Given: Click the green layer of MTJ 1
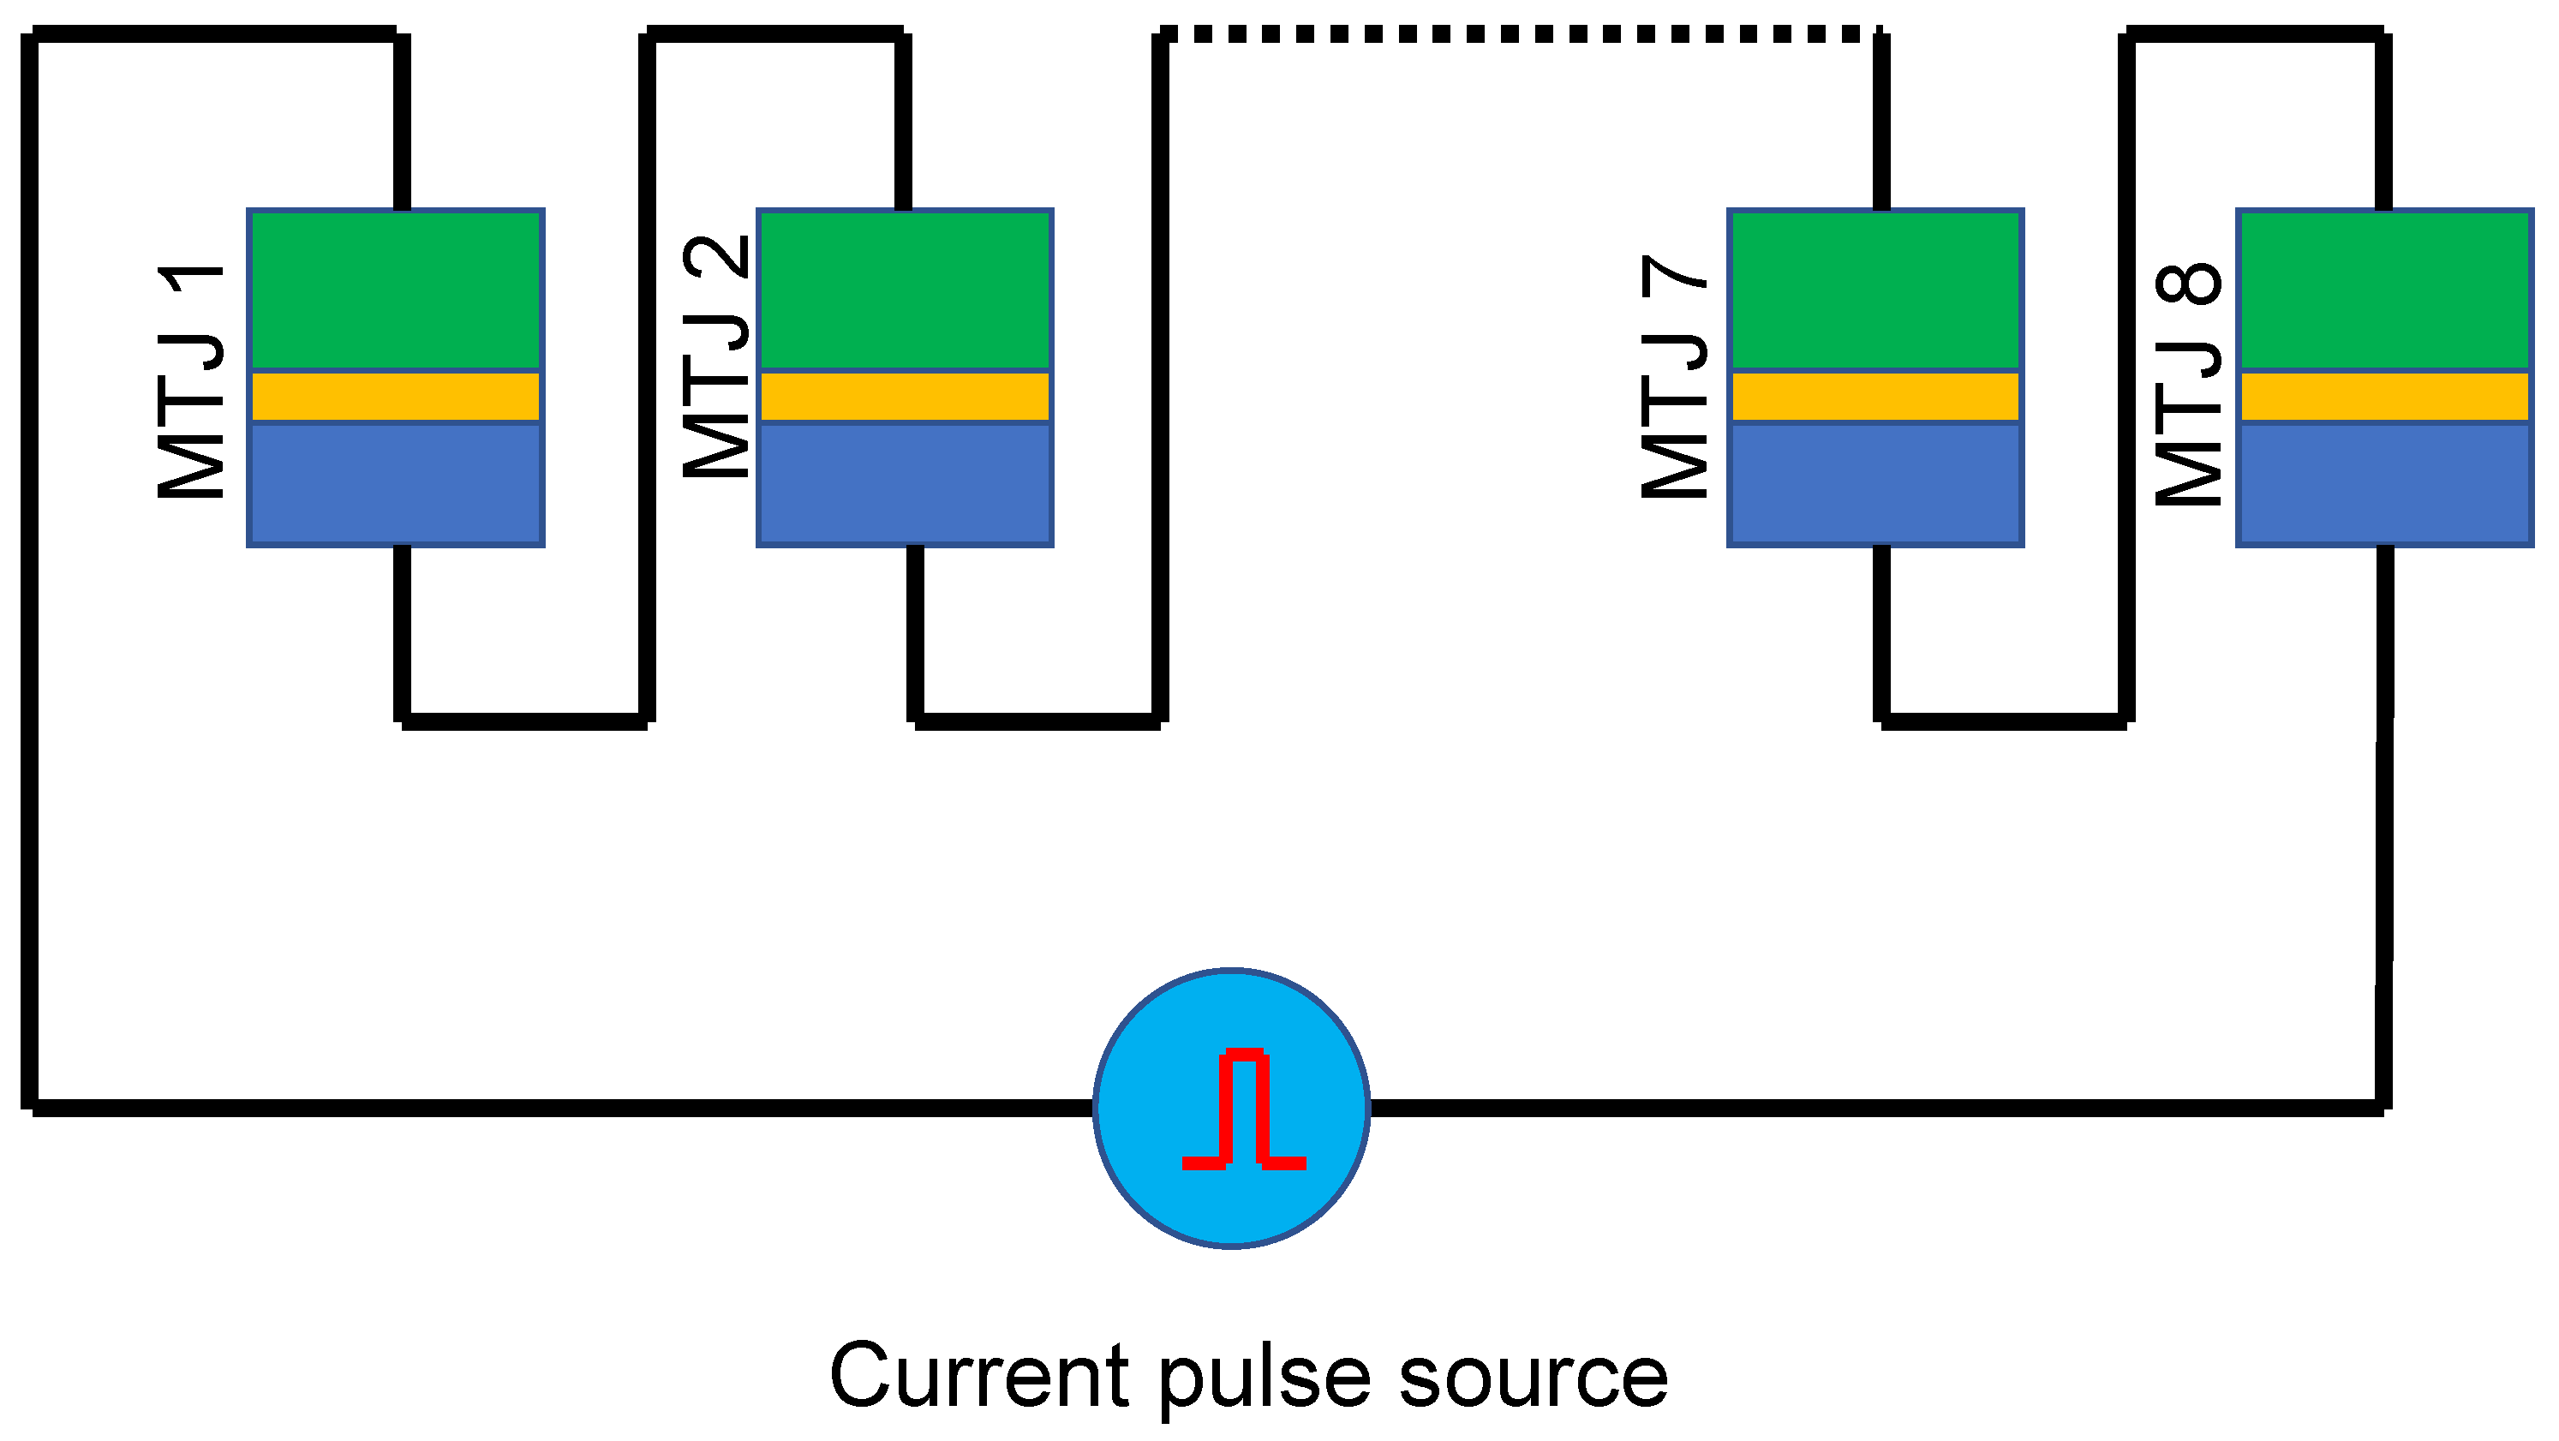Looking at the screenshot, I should coord(396,290).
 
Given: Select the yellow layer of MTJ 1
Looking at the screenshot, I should coord(396,398).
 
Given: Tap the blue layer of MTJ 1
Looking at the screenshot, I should coord(396,484).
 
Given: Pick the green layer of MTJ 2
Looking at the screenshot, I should coord(905,290).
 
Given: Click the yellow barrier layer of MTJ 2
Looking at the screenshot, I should coord(905,398).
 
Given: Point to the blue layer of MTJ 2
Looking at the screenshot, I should coord(905,484).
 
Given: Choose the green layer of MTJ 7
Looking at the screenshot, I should coord(1875,290).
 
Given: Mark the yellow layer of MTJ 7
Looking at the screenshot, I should coord(1875,398).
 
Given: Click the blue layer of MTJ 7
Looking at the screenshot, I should coord(1875,484).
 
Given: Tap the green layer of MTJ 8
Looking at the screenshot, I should coord(2384,290).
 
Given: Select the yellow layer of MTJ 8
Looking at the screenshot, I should coord(2384,398).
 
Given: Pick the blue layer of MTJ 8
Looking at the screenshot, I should coord(2384,484).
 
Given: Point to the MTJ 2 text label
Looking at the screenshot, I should coord(716,357).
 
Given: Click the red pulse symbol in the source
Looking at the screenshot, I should coord(1243,1109).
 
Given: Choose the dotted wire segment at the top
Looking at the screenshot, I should coord(1520,35).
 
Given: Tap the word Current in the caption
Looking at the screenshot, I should coord(978,1377).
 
